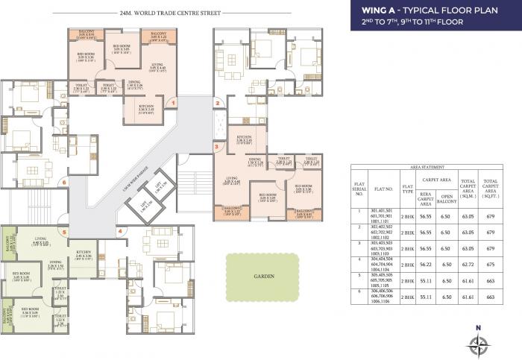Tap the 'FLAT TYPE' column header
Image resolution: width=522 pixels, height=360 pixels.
pyautogui.click(x=408, y=187)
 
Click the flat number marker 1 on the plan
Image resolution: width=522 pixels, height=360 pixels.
pyautogui.click(x=173, y=103)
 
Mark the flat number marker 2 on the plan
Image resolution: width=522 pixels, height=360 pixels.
pyautogui.click(x=217, y=103)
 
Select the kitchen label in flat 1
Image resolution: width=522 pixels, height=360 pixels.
pyautogui.click(x=147, y=109)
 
